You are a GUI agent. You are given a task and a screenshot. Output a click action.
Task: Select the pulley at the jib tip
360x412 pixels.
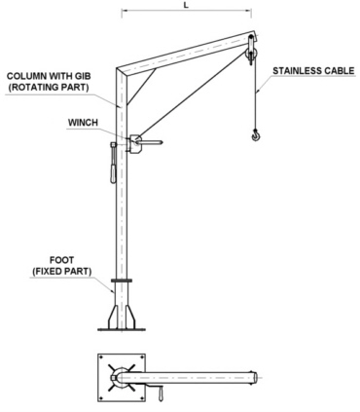[x=251, y=48]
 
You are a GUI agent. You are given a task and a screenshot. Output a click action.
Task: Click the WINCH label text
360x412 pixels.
[x=83, y=123]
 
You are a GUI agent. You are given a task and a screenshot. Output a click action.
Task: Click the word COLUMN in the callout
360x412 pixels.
[x=29, y=75]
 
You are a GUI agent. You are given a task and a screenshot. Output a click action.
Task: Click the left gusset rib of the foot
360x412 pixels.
[x=111, y=314]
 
